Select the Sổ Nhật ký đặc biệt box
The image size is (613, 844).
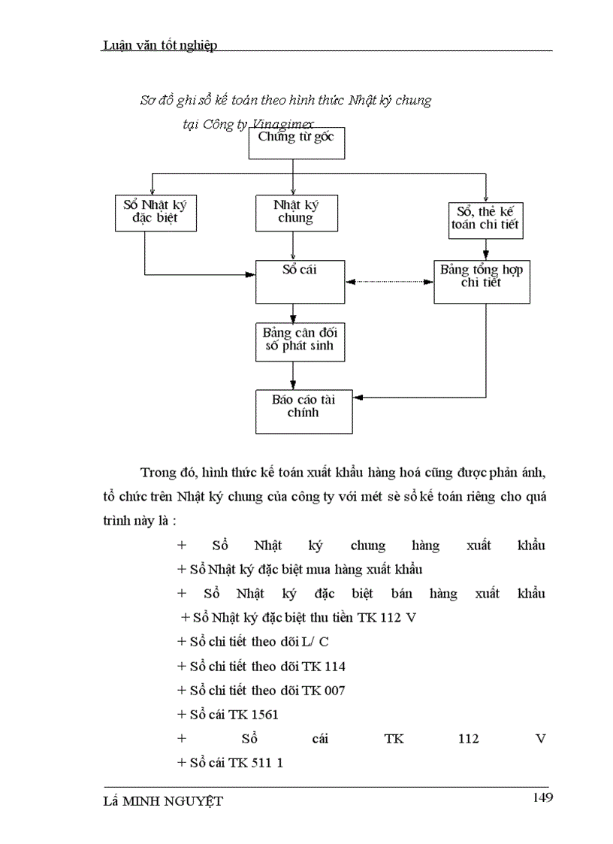pos(156,213)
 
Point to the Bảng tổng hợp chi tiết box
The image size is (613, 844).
pos(482,282)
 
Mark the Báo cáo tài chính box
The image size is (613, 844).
pos(303,411)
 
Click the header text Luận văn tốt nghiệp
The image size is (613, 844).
pos(159,46)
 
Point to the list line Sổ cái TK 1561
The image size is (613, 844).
pos(228,715)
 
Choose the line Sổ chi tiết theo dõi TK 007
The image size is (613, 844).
pos(261,691)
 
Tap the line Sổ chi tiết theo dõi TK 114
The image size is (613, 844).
pos(261,667)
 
